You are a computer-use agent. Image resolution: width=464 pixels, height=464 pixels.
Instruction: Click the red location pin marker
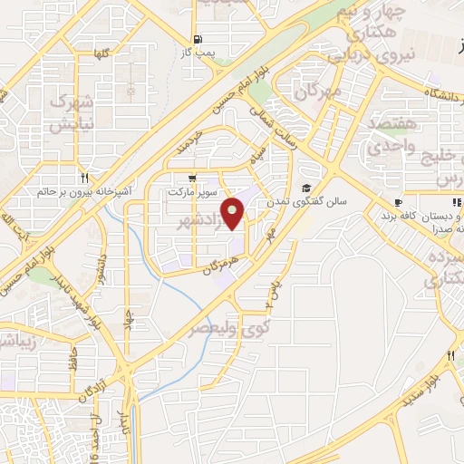point(235,214)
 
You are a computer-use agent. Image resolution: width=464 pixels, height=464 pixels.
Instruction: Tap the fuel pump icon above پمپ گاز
point(195,40)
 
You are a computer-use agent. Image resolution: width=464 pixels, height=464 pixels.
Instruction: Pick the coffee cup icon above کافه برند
point(397,202)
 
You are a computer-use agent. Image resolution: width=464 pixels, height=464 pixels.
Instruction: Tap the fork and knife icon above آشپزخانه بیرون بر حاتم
point(84,177)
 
